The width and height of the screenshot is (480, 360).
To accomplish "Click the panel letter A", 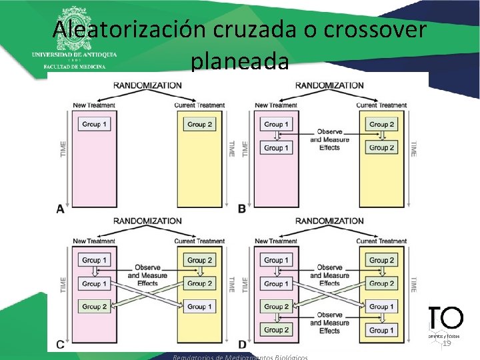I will tap(60, 209).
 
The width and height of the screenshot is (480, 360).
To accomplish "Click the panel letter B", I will tap(242, 209).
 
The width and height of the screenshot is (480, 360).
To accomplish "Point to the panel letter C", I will tap(60, 345).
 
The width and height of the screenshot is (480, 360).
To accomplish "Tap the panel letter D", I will tap(242, 345).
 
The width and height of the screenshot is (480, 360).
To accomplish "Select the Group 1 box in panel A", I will tap(93, 124).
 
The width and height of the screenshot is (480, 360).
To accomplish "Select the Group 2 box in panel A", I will tap(199, 124).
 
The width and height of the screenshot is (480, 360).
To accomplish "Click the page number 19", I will tap(447, 343).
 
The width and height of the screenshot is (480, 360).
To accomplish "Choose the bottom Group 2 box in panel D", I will tap(276, 330).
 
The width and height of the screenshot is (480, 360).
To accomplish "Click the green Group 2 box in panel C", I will tap(94, 307).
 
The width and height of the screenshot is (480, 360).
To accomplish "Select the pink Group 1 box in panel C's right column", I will tap(199, 307).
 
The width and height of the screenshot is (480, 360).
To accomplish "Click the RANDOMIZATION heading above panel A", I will tap(147, 85).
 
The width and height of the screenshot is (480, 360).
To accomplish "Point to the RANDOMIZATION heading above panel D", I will tap(329, 221).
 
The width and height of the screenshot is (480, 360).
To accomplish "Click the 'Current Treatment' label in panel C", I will tap(199, 241).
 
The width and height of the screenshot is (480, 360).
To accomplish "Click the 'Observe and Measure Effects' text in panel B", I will tap(329, 139).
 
